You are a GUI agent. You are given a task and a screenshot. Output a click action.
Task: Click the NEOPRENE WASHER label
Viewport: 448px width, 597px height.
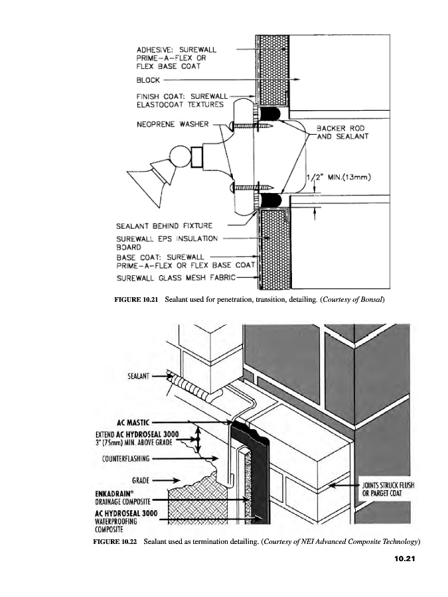coord(173,124)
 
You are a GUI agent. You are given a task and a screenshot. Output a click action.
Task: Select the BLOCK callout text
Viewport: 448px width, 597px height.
coord(148,80)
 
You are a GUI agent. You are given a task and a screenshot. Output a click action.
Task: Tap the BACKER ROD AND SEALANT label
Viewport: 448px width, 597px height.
coord(341,132)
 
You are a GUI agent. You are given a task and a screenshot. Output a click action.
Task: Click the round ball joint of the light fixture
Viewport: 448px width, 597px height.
coord(179,159)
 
